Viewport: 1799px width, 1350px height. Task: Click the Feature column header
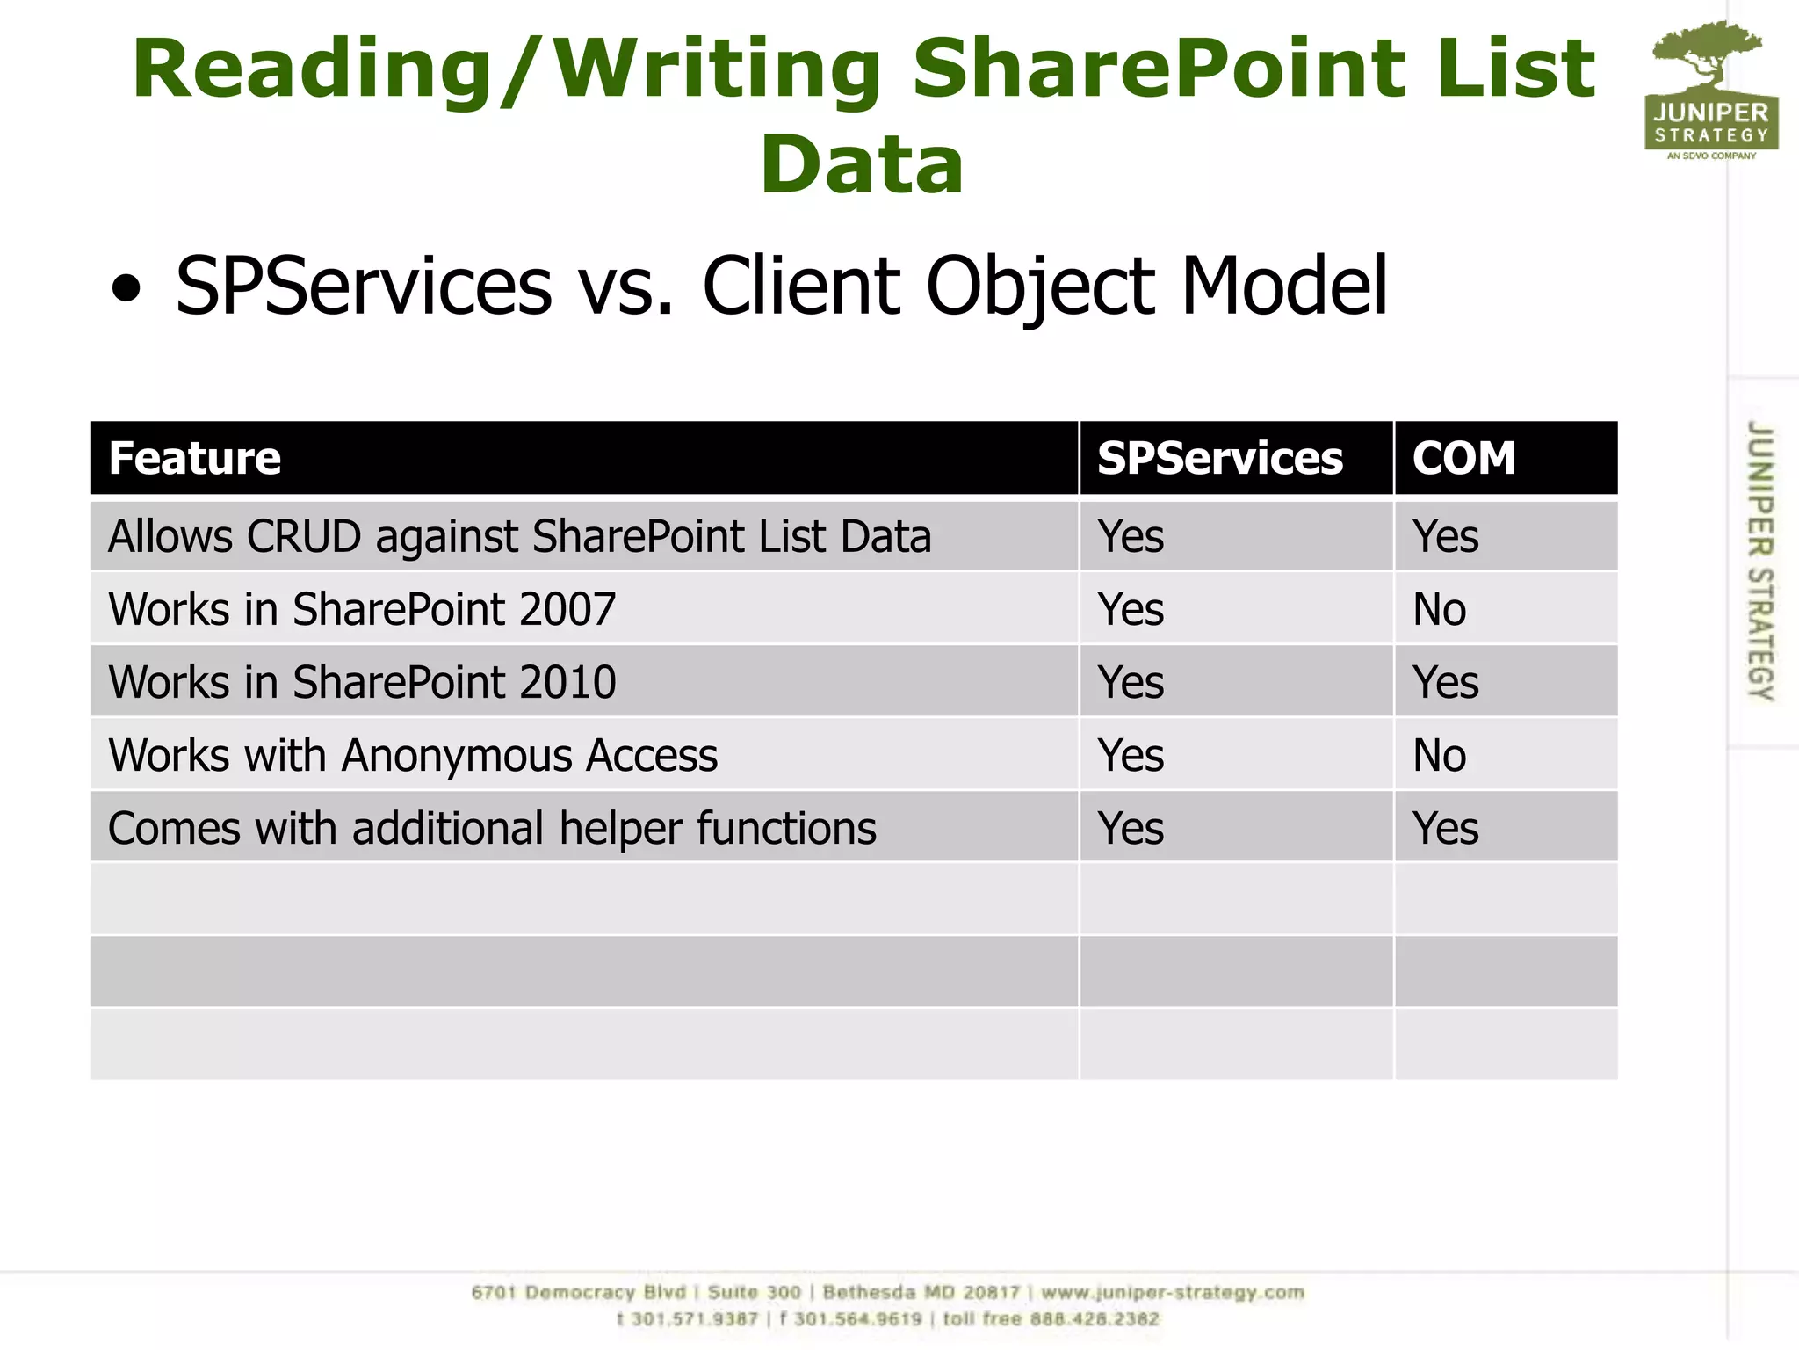(x=195, y=458)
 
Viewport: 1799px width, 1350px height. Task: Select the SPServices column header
(x=1219, y=458)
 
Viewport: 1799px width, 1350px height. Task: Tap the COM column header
(x=1463, y=458)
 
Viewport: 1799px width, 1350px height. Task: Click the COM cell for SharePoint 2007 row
(x=1439, y=609)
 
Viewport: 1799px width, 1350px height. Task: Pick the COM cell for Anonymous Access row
(x=1439, y=755)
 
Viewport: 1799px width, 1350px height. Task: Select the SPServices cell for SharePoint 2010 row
(x=1131, y=682)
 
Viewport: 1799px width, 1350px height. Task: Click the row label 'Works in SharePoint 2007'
(x=362, y=609)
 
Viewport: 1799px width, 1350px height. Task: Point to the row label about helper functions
(x=492, y=828)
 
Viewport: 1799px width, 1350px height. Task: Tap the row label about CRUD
(x=519, y=536)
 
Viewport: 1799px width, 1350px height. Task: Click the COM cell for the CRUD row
(x=1445, y=536)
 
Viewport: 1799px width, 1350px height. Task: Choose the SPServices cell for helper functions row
(x=1131, y=828)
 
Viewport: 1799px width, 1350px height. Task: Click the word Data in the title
(x=862, y=165)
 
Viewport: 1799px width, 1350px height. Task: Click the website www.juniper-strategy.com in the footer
(x=1173, y=1293)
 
